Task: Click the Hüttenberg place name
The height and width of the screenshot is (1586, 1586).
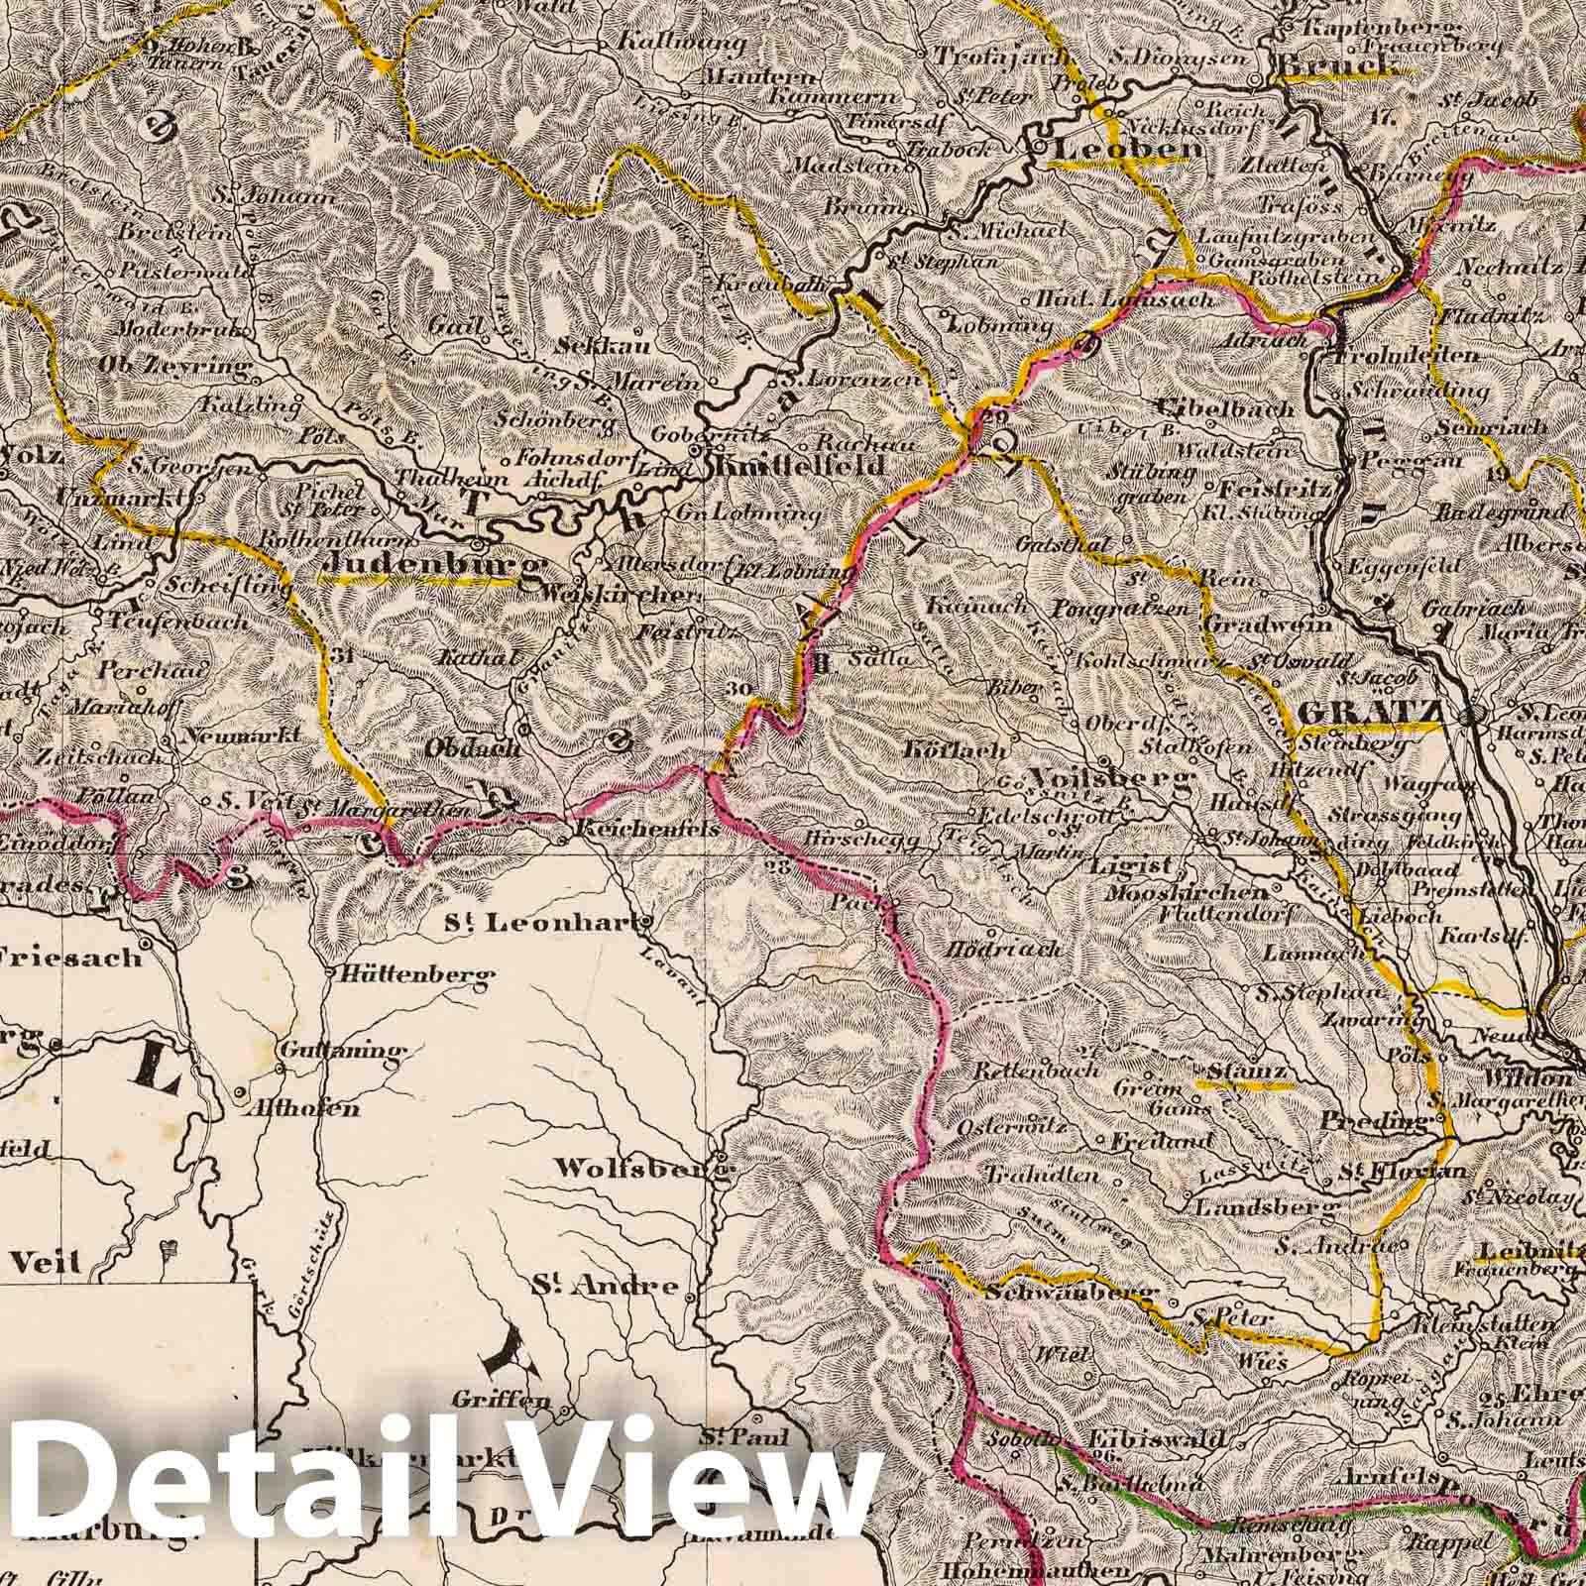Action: [x=416, y=975]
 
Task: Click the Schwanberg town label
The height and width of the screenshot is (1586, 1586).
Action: [x=1071, y=1295]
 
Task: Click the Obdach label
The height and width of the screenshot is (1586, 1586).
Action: [x=473, y=748]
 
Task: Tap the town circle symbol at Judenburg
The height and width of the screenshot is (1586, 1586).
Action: [x=478, y=544]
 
